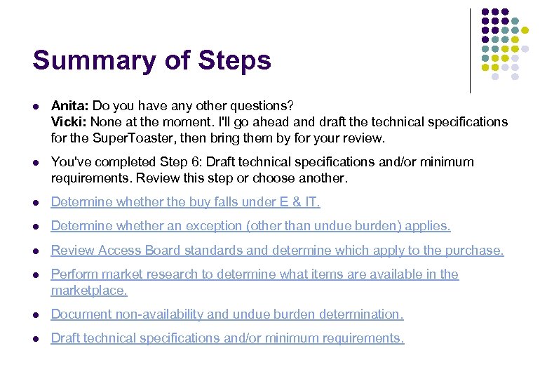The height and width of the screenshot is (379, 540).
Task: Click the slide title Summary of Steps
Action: (151, 60)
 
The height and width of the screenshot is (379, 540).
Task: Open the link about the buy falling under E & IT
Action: (185, 202)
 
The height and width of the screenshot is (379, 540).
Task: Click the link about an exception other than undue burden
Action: (250, 226)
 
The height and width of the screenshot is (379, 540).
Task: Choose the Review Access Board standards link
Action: (277, 250)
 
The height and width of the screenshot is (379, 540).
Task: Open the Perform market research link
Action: (255, 274)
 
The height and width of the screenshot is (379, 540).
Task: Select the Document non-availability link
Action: (227, 314)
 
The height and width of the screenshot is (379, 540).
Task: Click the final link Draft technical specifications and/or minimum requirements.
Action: (227, 338)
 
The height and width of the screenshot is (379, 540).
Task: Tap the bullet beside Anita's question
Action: (36, 107)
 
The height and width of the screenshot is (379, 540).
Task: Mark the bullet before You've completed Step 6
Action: (36, 163)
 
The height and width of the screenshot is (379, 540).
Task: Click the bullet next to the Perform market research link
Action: (36, 274)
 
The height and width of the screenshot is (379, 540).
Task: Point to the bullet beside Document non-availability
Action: (36, 315)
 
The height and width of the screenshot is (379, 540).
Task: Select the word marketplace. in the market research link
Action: (89, 290)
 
